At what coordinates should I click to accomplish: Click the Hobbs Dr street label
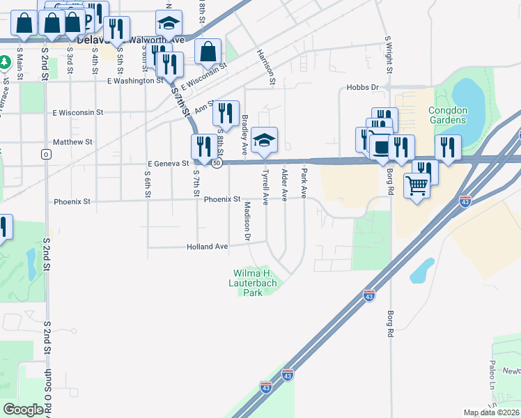click(x=361, y=88)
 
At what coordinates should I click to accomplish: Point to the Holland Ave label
click(x=207, y=247)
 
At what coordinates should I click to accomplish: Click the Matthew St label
click(x=72, y=142)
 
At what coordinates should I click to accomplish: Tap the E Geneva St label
click(x=169, y=164)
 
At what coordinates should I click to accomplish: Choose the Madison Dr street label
click(x=247, y=222)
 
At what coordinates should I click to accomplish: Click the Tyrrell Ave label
click(x=265, y=185)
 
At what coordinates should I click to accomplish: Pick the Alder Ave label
click(x=284, y=185)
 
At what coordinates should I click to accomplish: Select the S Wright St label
click(x=387, y=56)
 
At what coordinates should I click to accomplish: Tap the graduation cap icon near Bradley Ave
click(x=264, y=140)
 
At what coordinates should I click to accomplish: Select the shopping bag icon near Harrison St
click(x=208, y=52)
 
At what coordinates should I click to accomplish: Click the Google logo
click(x=23, y=410)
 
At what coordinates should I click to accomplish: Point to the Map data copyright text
click(x=491, y=412)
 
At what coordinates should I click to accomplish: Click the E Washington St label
click(x=135, y=81)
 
